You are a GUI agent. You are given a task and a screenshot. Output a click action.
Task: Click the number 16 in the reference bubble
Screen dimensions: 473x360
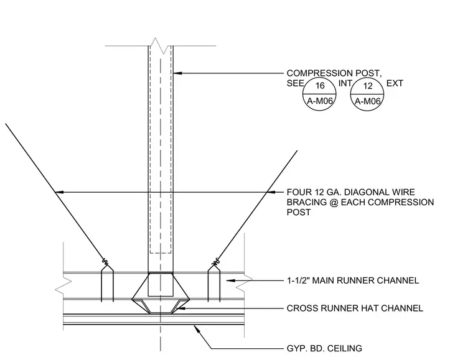320,86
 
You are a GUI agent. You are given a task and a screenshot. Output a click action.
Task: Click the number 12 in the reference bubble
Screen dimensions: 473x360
368,86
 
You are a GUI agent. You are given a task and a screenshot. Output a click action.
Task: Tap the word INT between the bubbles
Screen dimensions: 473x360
345,83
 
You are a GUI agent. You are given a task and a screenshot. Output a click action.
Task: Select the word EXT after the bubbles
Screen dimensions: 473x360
395,83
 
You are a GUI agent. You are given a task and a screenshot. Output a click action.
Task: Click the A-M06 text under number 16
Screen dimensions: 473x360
320,101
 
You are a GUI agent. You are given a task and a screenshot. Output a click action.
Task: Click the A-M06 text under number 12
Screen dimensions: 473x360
368,101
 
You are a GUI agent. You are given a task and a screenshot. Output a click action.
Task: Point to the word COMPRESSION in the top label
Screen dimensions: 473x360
319,73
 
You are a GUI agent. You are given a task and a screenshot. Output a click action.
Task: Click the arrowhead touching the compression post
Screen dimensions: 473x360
177,73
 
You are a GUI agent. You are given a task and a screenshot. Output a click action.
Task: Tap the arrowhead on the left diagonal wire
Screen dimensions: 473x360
59,192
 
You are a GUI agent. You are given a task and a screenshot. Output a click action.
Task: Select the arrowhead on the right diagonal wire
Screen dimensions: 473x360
271,192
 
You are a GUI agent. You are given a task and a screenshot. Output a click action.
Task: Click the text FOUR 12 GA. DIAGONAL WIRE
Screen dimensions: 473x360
350,192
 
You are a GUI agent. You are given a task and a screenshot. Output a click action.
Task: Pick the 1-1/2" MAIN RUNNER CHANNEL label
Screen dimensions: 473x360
353,280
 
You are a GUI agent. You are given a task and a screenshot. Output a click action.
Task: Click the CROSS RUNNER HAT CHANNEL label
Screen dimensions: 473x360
355,308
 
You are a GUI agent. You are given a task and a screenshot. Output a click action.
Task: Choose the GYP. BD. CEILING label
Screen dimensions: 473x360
324,348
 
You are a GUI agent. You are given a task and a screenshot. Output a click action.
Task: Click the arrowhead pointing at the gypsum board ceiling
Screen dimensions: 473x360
197,328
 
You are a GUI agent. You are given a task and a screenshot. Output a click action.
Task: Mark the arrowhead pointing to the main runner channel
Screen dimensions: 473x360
230,280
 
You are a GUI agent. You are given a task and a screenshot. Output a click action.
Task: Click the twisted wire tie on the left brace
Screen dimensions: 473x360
105,261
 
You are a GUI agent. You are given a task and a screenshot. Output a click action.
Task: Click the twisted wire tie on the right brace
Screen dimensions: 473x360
216,261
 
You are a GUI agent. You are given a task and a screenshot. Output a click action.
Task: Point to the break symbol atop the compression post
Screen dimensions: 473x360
160,46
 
